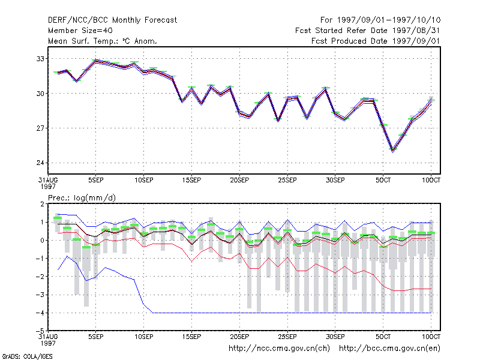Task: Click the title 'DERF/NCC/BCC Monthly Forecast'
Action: click(112, 20)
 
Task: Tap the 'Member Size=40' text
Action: click(80, 31)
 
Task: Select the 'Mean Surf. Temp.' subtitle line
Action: click(103, 41)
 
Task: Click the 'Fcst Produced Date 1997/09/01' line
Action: click(376, 41)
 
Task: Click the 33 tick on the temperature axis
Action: click(40, 58)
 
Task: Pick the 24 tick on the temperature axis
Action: click(40, 163)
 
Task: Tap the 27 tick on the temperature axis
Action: click(40, 128)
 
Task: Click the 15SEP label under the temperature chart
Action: click(191, 180)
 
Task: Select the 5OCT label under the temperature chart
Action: click(383, 180)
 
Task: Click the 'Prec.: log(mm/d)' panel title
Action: click(82, 198)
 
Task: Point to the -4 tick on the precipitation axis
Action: click(40, 313)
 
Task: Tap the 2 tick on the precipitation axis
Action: click(42, 204)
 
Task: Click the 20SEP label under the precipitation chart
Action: click(239, 337)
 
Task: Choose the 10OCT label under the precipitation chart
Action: click(431, 337)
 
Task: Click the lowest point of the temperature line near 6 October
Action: click(393, 151)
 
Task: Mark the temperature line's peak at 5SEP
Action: click(96, 61)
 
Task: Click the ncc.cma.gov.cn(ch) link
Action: click(279, 349)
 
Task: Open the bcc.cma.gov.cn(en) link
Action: click(389, 349)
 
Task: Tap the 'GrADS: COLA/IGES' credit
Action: click(28, 356)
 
